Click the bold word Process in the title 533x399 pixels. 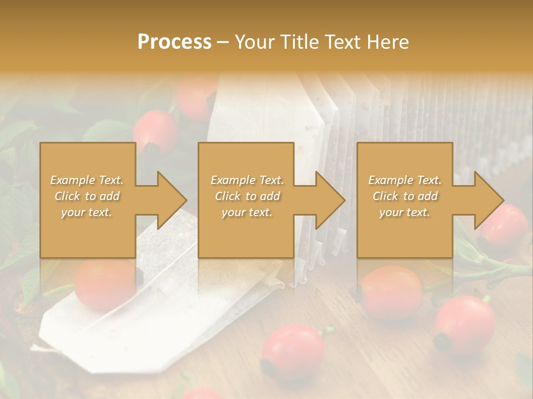tap(174, 42)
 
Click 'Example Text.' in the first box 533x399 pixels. tap(87, 180)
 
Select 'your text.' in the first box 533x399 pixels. tap(87, 213)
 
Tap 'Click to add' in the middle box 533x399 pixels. tap(247, 196)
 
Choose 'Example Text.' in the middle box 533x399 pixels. tap(247, 180)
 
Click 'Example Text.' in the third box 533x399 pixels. tap(405, 180)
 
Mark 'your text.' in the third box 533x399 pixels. tap(405, 213)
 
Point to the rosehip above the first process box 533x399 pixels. tap(156, 132)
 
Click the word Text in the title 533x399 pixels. tap(348, 42)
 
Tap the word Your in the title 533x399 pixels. tap(254, 42)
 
